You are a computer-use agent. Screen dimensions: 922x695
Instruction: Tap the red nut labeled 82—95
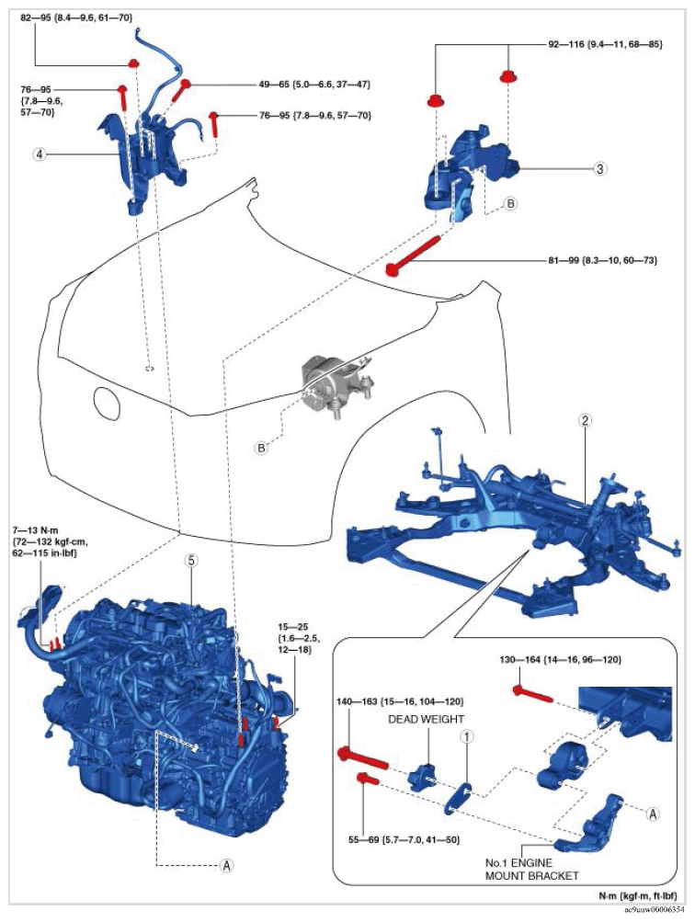click(x=133, y=63)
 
